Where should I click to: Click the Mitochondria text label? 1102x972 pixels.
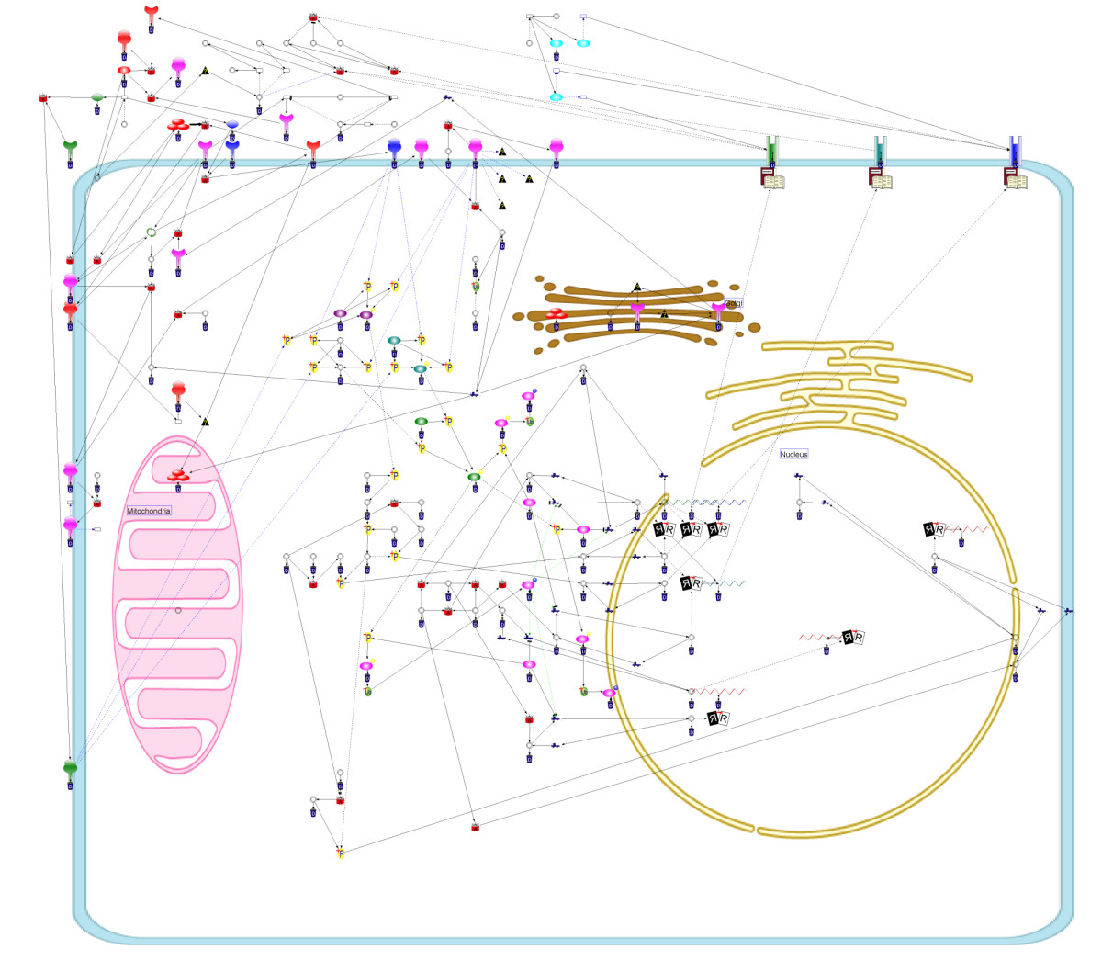coord(149,511)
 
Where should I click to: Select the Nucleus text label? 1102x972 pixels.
coord(794,454)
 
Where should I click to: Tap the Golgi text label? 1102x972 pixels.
coord(733,303)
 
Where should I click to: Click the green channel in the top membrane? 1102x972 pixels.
coord(772,149)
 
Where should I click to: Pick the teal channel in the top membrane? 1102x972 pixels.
coord(880,149)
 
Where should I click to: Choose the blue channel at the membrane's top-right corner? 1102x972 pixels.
coord(1014,149)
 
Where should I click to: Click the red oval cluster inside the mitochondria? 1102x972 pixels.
coord(178,475)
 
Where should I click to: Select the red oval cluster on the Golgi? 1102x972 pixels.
coord(556,315)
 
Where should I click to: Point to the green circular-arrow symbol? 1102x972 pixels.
coord(152,232)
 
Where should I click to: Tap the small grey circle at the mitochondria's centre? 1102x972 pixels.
coord(178,610)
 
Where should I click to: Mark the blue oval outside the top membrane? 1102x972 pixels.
coord(232,124)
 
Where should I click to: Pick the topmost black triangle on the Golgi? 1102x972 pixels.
coord(637,288)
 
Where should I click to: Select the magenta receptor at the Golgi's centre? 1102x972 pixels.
coord(637,310)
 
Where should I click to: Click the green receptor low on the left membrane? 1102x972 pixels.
coord(71,768)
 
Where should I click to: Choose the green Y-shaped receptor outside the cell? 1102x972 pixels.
coord(70,147)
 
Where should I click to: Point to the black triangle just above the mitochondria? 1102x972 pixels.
coord(205,422)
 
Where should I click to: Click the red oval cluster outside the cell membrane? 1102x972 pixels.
coord(178,124)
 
